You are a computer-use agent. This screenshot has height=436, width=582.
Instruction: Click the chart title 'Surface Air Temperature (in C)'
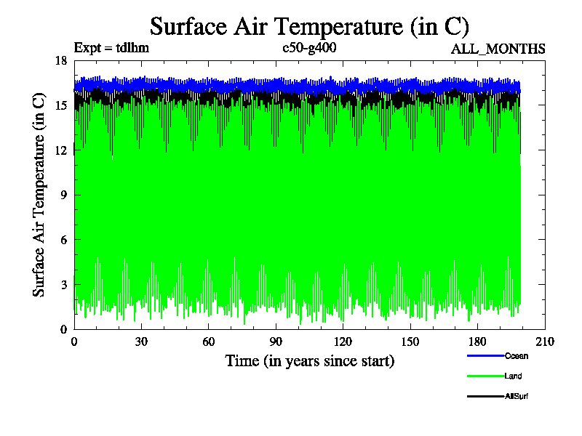tap(309, 26)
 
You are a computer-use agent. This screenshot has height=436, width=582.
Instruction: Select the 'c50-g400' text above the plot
tap(309, 49)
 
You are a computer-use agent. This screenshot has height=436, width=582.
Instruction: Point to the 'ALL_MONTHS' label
tap(498, 49)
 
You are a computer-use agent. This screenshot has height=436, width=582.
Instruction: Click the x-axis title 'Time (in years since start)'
tap(310, 360)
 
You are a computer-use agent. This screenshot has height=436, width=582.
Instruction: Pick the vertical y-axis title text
tap(40, 195)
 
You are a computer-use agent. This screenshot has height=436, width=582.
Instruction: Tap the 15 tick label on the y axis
tap(61, 105)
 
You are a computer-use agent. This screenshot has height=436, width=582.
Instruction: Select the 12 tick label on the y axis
tap(61, 150)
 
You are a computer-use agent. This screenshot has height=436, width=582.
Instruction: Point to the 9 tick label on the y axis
tap(64, 195)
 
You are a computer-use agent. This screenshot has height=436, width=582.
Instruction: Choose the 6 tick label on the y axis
tap(64, 240)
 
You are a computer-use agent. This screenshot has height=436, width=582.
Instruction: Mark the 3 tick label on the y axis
tap(64, 284)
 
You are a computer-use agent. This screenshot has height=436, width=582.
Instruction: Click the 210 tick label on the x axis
tap(545, 342)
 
